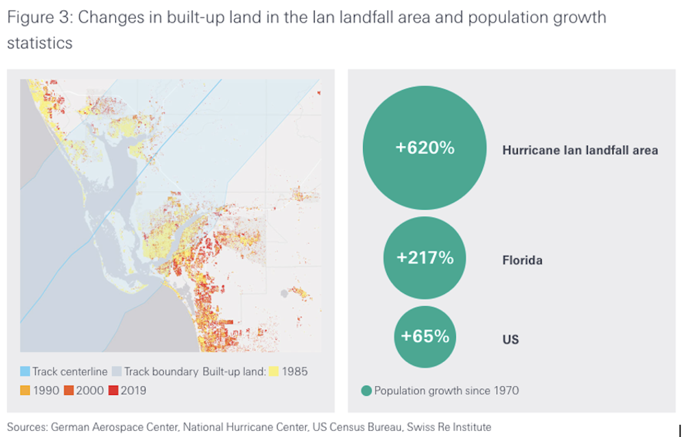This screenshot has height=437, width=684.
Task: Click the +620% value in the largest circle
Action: pyautogui.click(x=425, y=148)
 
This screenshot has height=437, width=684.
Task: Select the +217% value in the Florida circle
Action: pyautogui.click(x=425, y=258)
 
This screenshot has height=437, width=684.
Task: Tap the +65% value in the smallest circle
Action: pyautogui.click(x=425, y=336)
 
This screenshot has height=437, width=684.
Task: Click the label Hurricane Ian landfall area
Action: pyautogui.click(x=580, y=150)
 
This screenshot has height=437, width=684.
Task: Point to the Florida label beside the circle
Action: pyautogui.click(x=522, y=261)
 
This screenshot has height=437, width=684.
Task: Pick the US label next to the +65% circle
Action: pyautogui.click(x=510, y=340)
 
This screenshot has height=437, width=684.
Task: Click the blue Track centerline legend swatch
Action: pyautogui.click(x=25, y=372)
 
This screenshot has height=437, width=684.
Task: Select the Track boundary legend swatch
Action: pyautogui.click(x=117, y=372)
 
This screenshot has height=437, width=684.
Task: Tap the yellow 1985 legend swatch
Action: pyautogui.click(x=274, y=372)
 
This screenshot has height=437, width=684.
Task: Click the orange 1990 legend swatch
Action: pyautogui.click(x=25, y=390)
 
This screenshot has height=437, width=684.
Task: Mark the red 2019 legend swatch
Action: pyautogui.click(x=113, y=390)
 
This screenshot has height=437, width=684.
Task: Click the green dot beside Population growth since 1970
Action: pyautogui.click(x=366, y=391)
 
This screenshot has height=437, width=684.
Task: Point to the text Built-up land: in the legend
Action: pyautogui.click(x=234, y=372)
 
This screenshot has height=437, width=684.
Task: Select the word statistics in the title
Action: pyautogui.click(x=40, y=43)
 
